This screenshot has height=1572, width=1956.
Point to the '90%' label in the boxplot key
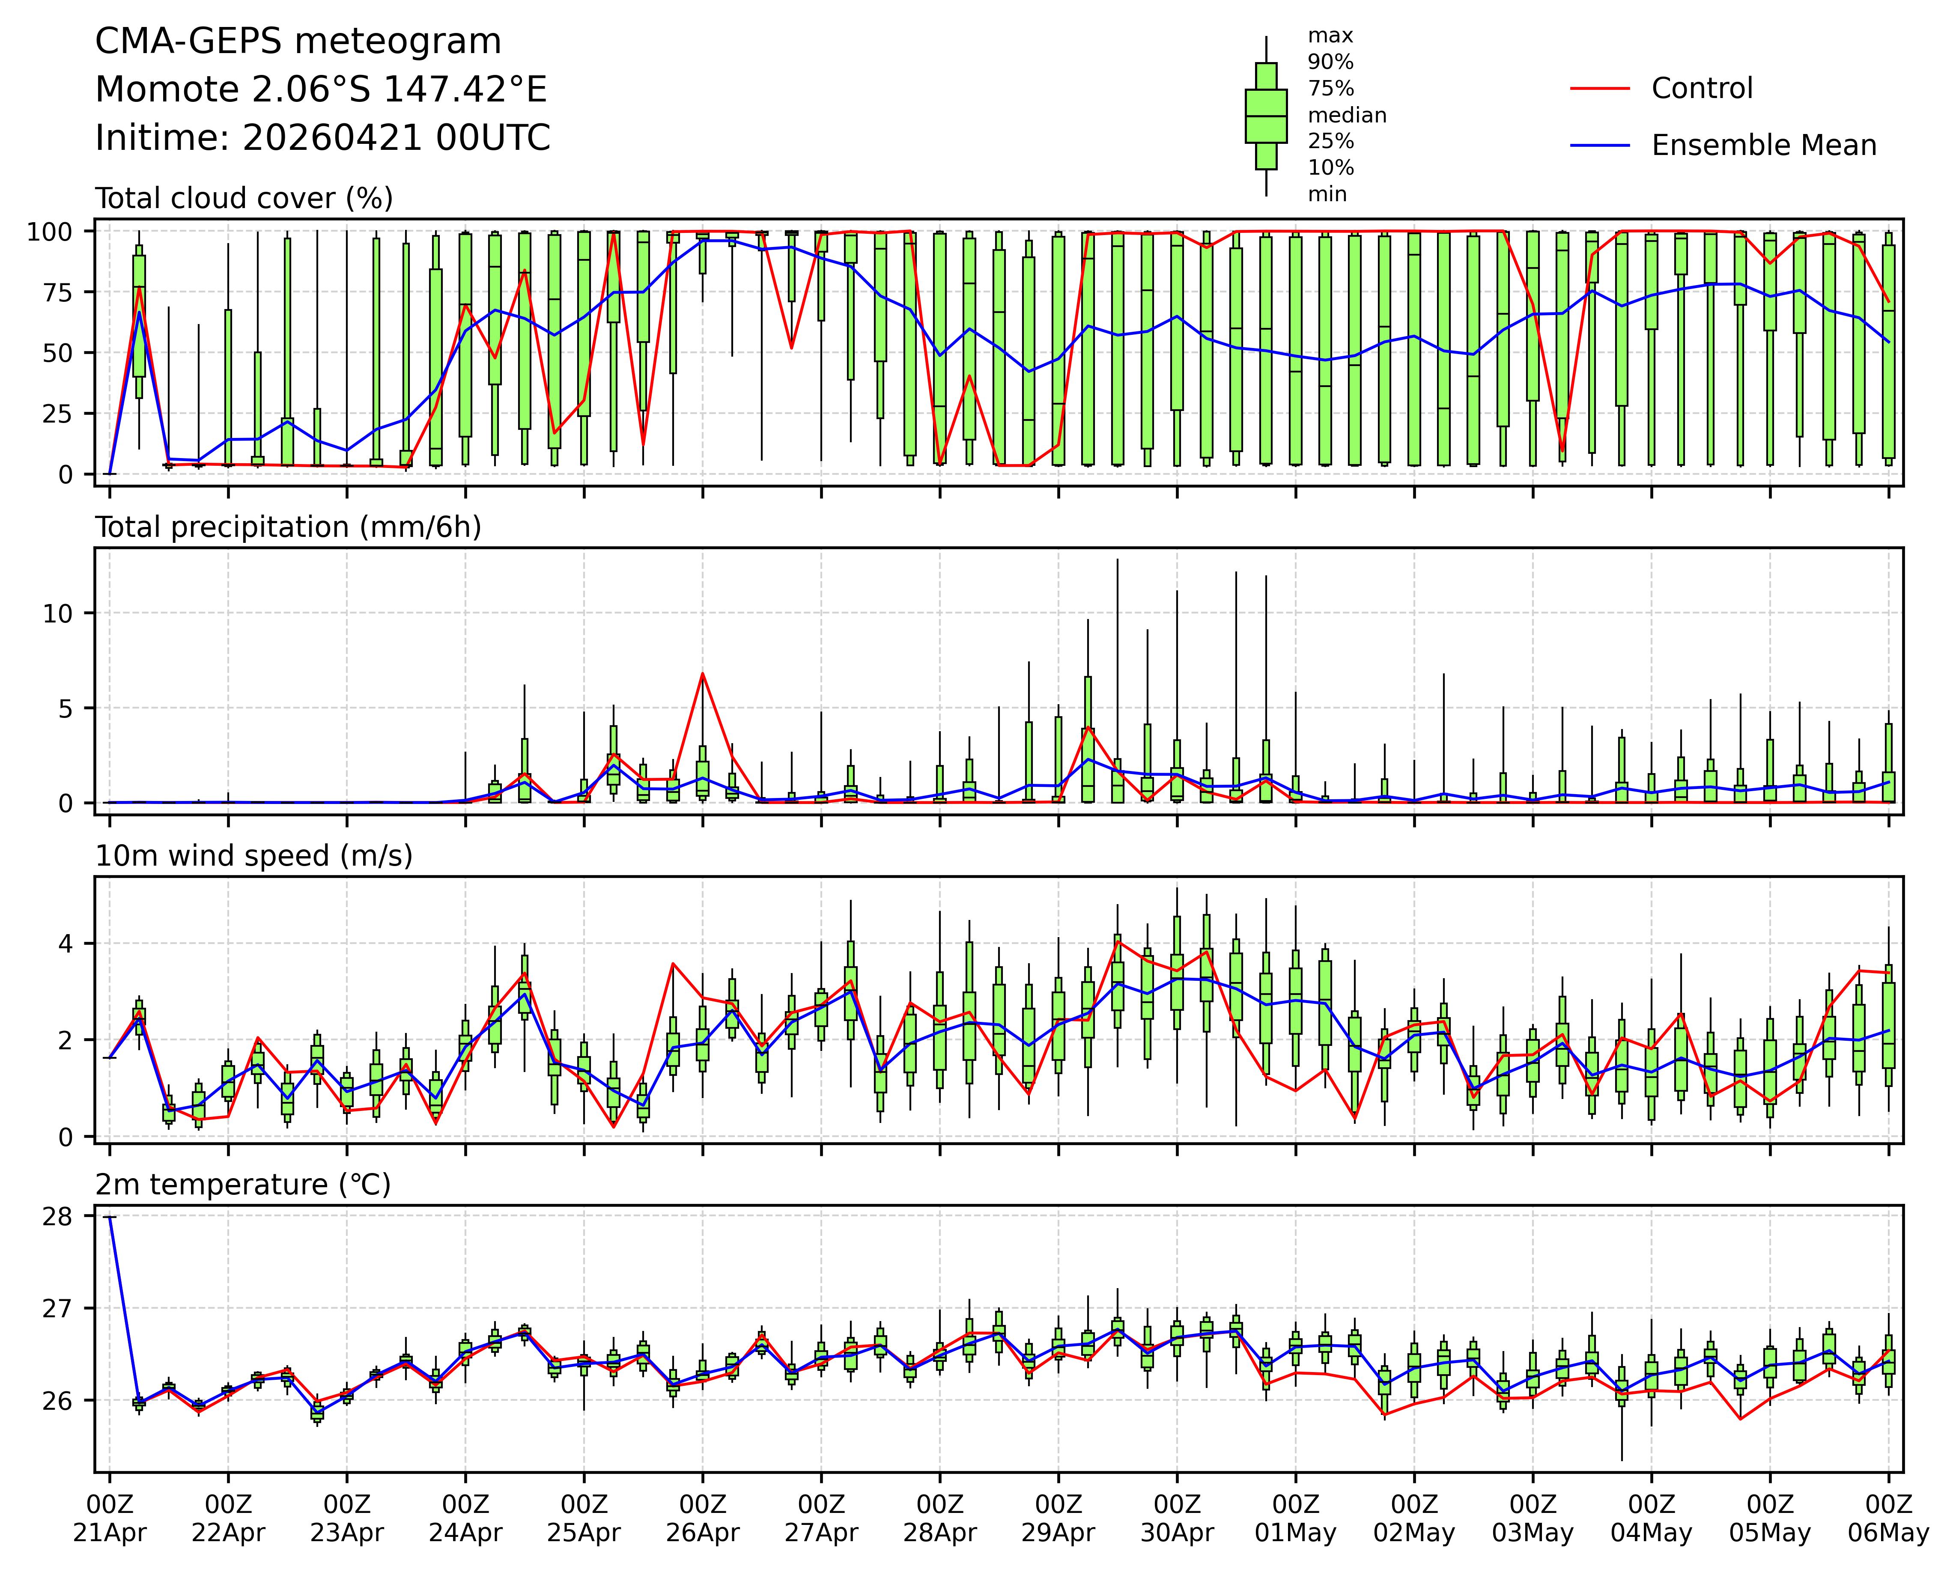(x=1330, y=63)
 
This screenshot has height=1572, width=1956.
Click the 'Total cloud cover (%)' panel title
(x=244, y=199)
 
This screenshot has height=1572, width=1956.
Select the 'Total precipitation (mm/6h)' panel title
(x=288, y=528)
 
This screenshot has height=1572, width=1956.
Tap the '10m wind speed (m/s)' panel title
(x=254, y=856)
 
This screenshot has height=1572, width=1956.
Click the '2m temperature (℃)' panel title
(x=243, y=1185)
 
